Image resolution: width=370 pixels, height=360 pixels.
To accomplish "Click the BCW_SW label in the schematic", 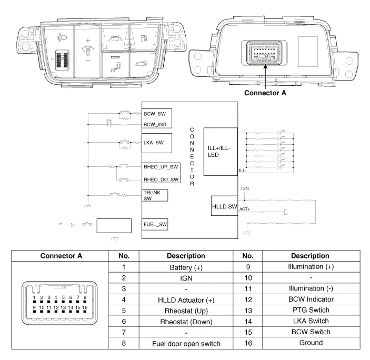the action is click(155, 114).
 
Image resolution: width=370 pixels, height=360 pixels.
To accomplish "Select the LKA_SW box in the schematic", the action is click(157, 143).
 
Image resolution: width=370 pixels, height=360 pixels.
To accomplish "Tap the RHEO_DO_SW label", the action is click(161, 179).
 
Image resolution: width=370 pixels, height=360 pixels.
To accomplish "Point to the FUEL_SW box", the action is click(155, 224).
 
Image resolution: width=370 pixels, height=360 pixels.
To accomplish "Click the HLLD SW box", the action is click(224, 206).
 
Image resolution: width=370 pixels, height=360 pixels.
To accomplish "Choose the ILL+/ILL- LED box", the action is click(221, 152).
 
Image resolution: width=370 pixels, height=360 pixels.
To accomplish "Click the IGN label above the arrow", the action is click(245, 188).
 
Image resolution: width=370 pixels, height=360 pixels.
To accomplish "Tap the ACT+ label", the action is click(244, 209).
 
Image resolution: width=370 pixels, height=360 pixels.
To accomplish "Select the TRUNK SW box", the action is click(155, 196).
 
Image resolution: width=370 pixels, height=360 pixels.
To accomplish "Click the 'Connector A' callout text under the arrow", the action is click(265, 93).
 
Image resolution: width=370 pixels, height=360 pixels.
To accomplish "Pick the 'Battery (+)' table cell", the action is click(186, 267).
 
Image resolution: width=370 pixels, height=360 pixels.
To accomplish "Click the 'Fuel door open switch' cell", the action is click(186, 344).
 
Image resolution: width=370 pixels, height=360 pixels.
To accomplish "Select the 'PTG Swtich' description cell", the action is click(311, 310).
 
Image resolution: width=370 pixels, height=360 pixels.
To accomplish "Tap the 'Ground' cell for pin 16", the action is click(311, 343).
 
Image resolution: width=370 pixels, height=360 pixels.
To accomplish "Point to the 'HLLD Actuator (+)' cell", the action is click(186, 300).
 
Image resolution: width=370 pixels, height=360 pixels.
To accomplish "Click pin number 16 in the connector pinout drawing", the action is click(85, 307).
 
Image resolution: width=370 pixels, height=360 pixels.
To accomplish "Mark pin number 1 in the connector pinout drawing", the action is click(34, 297).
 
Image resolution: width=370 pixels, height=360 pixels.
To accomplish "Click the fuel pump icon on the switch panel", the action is click(144, 38).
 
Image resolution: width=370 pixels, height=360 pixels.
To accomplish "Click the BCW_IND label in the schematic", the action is click(155, 124).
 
